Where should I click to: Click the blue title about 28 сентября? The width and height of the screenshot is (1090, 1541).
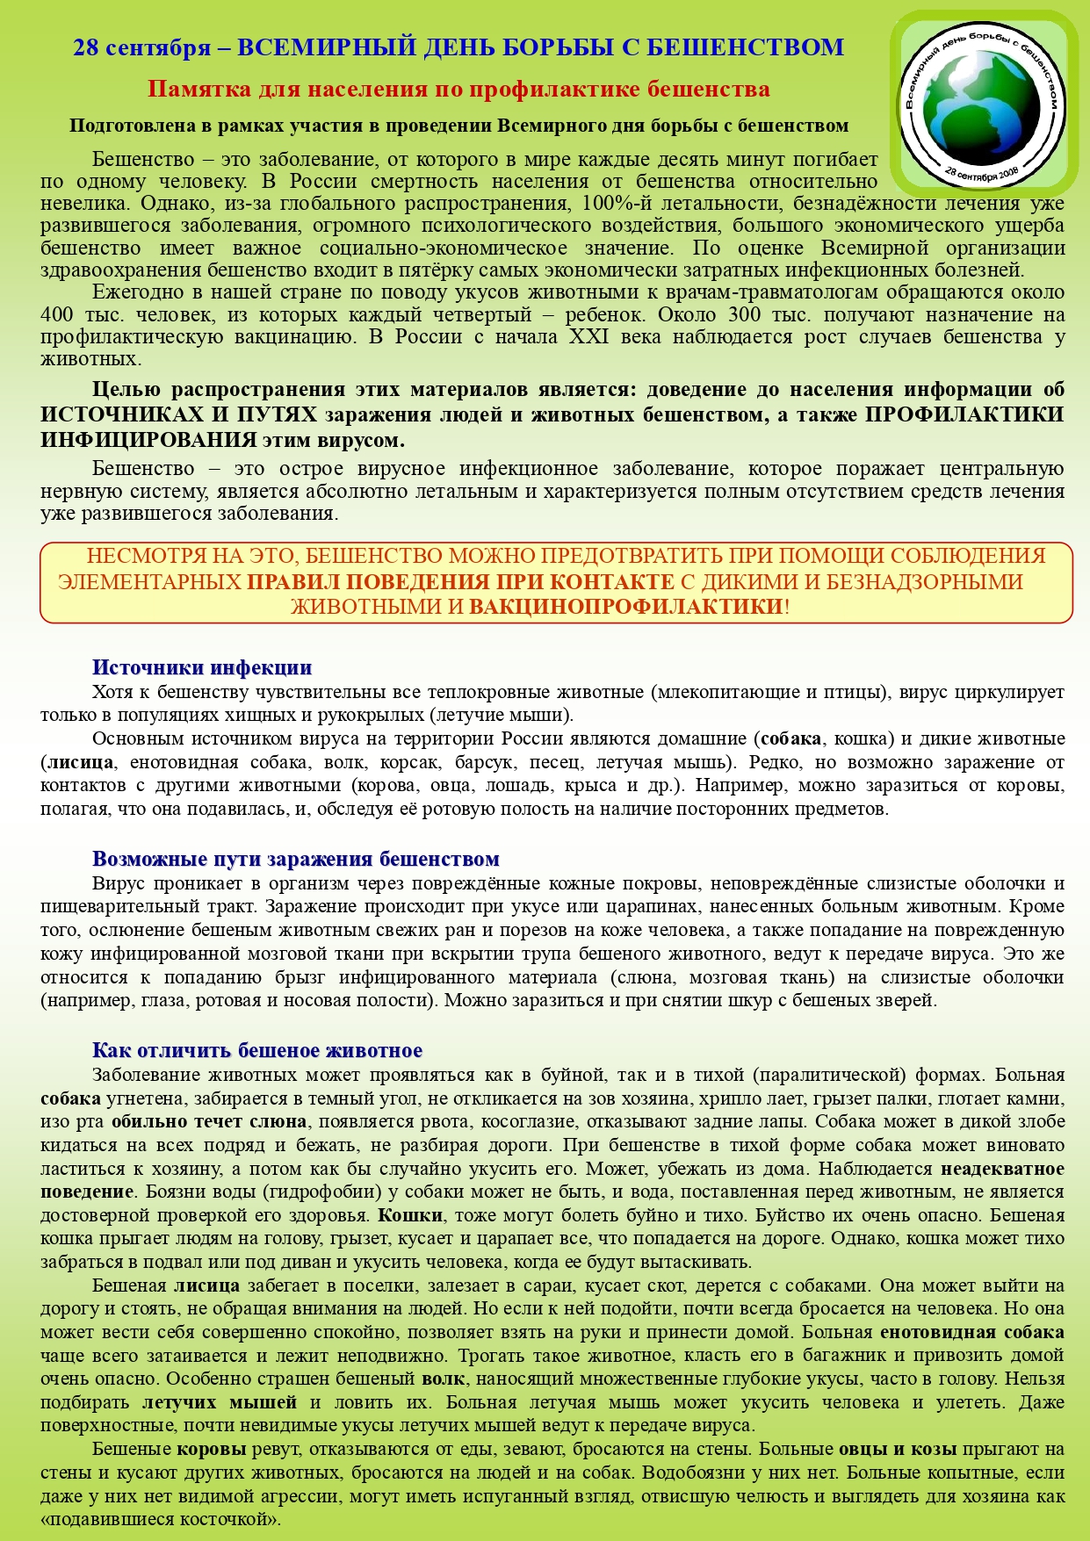point(458,47)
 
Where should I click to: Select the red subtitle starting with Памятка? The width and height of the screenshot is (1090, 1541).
point(458,90)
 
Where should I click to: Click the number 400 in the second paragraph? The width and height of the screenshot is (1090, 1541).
point(57,315)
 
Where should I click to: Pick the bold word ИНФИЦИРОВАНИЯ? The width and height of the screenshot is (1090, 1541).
point(148,440)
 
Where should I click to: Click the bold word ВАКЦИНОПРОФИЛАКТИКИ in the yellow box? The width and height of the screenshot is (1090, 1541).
point(625,606)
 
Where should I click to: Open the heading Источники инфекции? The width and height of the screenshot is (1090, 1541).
point(202,668)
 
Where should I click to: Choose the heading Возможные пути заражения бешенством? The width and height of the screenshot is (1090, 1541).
point(296,859)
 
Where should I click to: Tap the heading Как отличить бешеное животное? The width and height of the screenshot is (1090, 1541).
point(257,1051)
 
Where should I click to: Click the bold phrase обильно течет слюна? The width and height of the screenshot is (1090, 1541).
point(209,1121)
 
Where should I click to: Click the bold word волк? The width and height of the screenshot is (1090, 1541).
point(442,1379)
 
